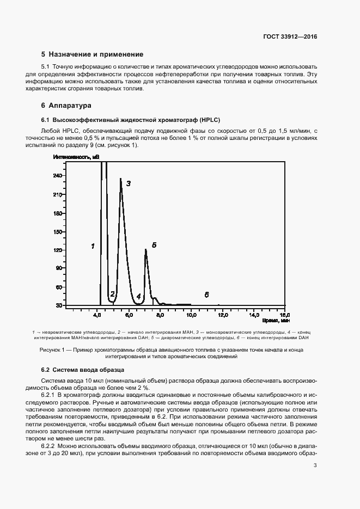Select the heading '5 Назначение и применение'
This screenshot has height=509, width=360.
pos(92,54)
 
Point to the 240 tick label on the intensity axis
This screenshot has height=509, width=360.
pos(57,175)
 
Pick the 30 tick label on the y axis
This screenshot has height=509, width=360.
pos(58,306)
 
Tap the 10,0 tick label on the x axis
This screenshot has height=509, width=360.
pos(191,315)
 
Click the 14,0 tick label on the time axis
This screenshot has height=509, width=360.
pos(254,315)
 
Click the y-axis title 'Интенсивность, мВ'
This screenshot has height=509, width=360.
pos(76,157)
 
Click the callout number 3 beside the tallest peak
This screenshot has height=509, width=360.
pos(129,183)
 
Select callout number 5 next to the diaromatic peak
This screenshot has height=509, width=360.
pos(154,246)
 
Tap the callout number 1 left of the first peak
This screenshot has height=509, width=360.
pos(93,246)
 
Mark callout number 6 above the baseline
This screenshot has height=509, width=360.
pos(207,295)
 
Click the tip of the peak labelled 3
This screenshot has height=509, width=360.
pos(120,179)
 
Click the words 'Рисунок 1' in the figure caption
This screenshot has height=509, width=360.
pos(52,349)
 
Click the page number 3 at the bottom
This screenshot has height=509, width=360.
pos(315,465)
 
